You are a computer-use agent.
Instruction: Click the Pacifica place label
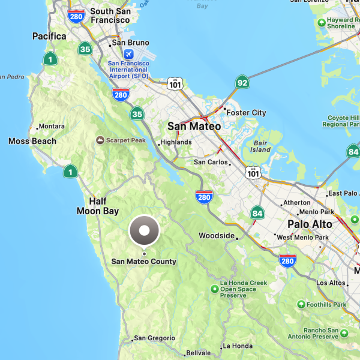pyautogui.click(x=49, y=37)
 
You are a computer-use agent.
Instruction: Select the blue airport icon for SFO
pyautogui.click(x=128, y=55)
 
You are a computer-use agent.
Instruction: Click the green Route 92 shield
pyautogui.click(x=242, y=82)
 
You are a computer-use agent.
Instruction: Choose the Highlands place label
pyautogui.click(x=176, y=142)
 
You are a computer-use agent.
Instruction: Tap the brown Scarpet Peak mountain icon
pyautogui.click(x=100, y=140)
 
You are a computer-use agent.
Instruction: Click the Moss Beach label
pyautogui.click(x=32, y=141)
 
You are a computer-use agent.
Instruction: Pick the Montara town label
pyautogui.click(x=52, y=127)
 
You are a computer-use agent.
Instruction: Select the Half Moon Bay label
pyautogui.click(x=97, y=206)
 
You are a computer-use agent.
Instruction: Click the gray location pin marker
pyautogui.click(x=144, y=230)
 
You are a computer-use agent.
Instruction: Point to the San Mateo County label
pyautogui.click(x=144, y=261)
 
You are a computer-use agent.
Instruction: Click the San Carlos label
pyautogui.click(x=211, y=162)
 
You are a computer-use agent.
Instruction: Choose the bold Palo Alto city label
pyautogui.click(x=310, y=224)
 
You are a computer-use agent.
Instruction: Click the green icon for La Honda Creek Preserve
pyautogui.click(x=215, y=290)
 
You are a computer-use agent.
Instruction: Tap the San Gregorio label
pyautogui.click(x=154, y=338)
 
